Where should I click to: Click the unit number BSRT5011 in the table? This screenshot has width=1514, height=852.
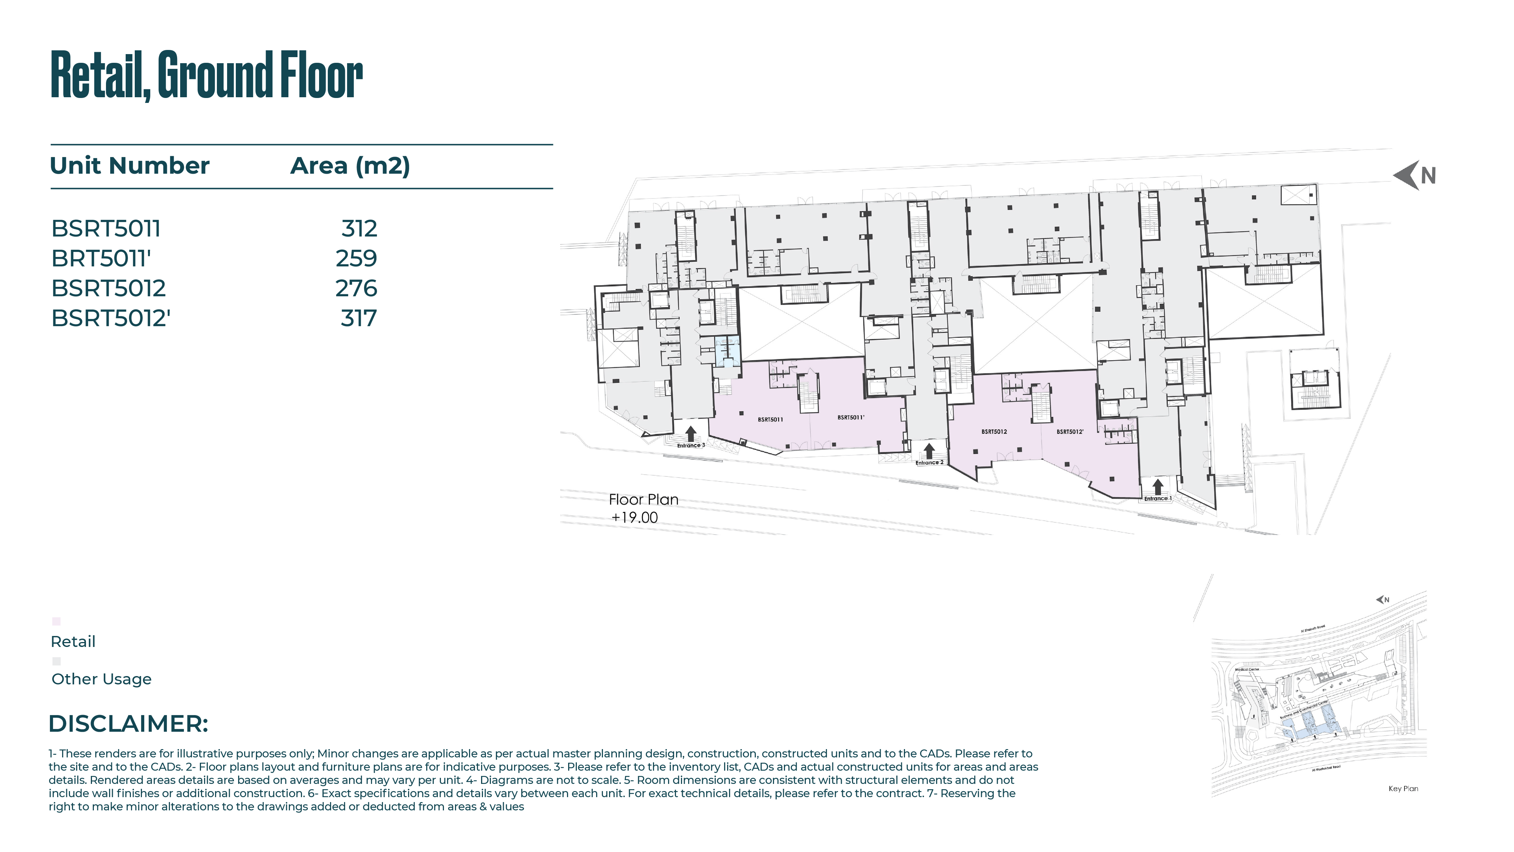(x=106, y=229)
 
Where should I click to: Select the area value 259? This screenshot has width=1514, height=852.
(x=356, y=258)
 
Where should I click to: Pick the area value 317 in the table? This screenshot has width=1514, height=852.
(x=358, y=319)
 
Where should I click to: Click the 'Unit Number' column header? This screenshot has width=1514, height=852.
(x=129, y=166)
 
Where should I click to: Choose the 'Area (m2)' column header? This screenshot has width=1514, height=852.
(x=350, y=166)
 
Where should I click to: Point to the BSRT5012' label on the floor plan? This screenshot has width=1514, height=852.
(x=1070, y=432)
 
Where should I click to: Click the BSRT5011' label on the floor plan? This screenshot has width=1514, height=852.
(x=850, y=418)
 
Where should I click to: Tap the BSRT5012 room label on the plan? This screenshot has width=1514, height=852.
(x=994, y=432)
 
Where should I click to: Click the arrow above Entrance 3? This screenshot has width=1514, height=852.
(x=691, y=434)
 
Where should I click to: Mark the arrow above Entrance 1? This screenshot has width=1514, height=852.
(x=1157, y=487)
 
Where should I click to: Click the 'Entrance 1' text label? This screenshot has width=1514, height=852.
(x=1157, y=499)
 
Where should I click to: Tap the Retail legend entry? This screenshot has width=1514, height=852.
(x=73, y=642)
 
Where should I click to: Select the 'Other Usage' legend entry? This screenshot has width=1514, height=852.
(x=101, y=679)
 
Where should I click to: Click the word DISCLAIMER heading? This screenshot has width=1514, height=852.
(x=128, y=724)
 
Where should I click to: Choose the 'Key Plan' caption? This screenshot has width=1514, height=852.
(x=1403, y=788)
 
